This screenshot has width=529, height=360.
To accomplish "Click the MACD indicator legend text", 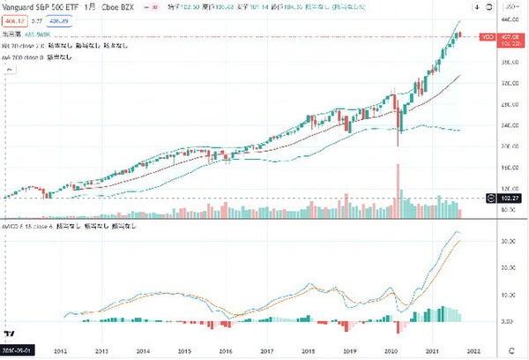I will [x=62, y=227].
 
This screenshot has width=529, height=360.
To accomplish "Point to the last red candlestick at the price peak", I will [x=460, y=35].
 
